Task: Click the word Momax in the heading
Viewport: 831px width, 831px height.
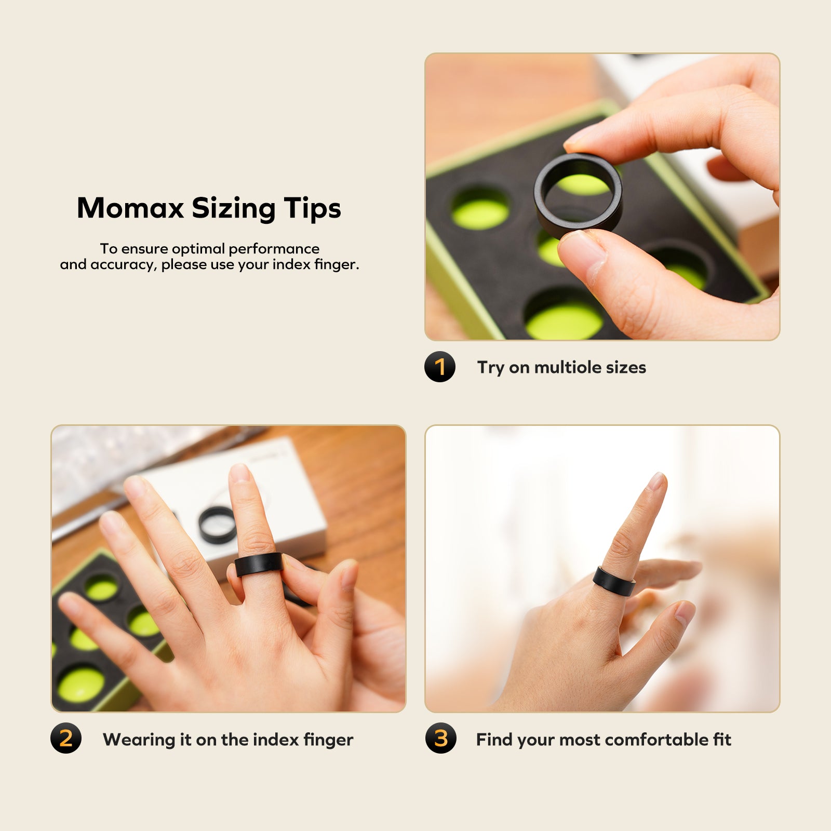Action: point(130,208)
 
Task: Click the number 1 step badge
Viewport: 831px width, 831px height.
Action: point(440,367)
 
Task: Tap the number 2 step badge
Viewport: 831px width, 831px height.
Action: point(66,738)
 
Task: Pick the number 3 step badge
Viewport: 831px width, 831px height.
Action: point(440,738)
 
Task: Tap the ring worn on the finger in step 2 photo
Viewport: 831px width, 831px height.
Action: point(258,564)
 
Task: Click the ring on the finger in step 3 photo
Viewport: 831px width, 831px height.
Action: point(614,581)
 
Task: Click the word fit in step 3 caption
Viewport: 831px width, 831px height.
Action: point(722,739)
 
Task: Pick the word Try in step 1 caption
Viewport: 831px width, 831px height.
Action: point(490,368)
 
